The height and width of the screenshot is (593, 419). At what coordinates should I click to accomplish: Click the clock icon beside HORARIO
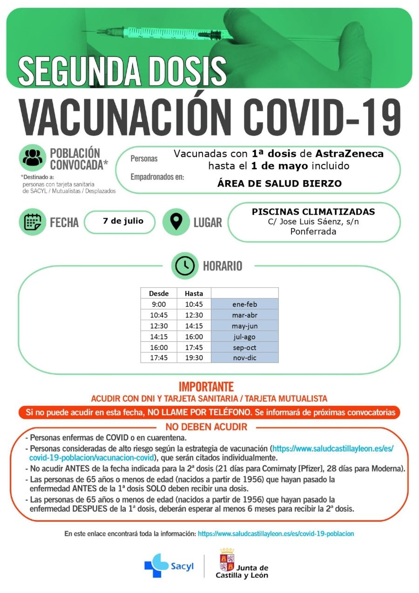pyautogui.click(x=185, y=266)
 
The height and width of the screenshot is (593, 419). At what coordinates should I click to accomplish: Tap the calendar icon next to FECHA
pyautogui.click(x=32, y=222)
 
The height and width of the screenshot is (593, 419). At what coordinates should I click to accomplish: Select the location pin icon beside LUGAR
pyautogui.click(x=176, y=222)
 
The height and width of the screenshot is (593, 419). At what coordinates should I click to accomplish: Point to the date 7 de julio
pyautogui.click(x=123, y=221)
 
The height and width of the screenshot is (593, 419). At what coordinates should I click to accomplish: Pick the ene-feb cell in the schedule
pyautogui.click(x=244, y=304)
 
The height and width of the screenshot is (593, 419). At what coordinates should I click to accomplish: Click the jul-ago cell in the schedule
pyautogui.click(x=244, y=337)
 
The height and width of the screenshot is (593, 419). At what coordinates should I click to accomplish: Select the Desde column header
pyautogui.click(x=159, y=293)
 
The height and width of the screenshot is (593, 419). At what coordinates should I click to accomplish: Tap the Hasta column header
pyautogui.click(x=194, y=293)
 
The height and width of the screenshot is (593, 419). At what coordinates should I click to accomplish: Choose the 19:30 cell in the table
pyautogui.click(x=194, y=358)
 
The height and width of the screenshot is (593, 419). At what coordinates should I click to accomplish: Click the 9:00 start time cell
pyautogui.click(x=159, y=304)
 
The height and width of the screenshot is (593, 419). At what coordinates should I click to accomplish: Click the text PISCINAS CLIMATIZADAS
pyautogui.click(x=313, y=212)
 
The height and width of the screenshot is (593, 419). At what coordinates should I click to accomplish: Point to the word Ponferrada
pyautogui.click(x=313, y=231)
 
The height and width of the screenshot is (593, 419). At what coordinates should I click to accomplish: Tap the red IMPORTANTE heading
pyautogui.click(x=206, y=387)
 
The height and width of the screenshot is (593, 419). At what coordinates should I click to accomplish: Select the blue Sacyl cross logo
pyautogui.click(x=156, y=566)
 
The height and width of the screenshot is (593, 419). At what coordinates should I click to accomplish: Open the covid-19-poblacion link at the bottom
pyautogui.click(x=276, y=534)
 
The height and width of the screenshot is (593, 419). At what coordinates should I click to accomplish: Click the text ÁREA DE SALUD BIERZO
pyautogui.click(x=279, y=183)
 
